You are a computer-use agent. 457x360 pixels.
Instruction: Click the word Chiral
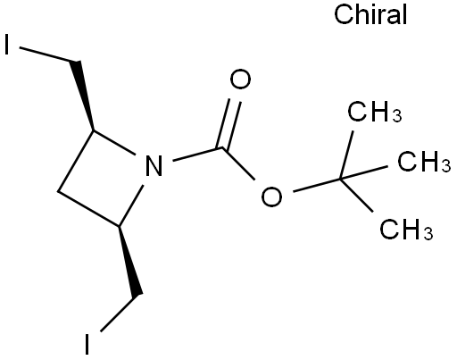[x=370, y=14]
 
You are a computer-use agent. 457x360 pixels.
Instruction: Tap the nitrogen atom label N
[x=154, y=165]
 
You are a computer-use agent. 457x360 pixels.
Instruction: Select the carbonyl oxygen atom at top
[x=240, y=79]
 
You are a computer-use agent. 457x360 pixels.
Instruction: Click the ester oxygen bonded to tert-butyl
[x=271, y=197]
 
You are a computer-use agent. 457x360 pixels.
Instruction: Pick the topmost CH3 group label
[x=375, y=112]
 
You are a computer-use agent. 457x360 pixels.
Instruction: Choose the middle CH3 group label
[x=424, y=161]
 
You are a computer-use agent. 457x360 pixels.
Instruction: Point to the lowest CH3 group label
[x=406, y=229]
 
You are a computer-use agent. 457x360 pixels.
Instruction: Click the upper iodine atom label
[x=7, y=44]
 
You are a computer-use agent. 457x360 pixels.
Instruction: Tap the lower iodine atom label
[x=87, y=344]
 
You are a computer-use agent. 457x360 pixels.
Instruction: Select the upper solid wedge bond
[x=83, y=96]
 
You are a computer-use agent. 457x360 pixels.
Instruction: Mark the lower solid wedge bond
[x=129, y=261]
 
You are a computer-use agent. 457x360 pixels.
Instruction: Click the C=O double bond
[x=229, y=123]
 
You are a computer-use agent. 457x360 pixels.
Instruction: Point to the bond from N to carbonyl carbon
[x=198, y=154]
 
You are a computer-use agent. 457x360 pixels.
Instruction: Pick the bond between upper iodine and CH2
[x=47, y=54]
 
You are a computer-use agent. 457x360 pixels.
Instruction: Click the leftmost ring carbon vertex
[x=59, y=191]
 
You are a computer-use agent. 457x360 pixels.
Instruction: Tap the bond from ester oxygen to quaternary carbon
[x=317, y=185]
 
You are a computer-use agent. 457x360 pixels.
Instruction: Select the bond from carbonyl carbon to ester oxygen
[x=239, y=163]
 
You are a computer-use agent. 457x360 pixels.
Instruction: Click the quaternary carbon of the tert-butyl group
[x=341, y=179]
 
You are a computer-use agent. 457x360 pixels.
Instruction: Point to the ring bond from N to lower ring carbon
[x=131, y=205]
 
